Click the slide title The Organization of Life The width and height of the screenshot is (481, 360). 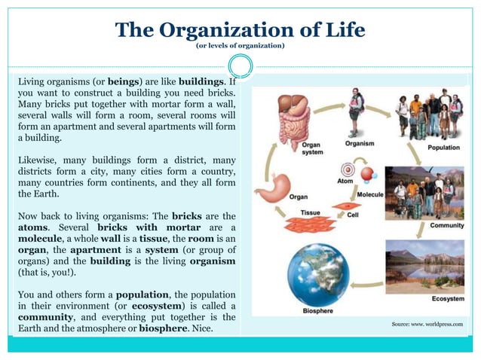240,30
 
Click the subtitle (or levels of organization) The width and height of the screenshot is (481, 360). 240,47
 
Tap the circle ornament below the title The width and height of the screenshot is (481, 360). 240,65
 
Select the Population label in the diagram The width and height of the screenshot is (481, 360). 443,148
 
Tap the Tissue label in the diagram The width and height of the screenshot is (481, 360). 311,212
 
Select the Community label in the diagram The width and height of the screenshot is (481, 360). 446,225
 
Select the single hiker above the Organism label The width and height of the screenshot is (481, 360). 357,112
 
